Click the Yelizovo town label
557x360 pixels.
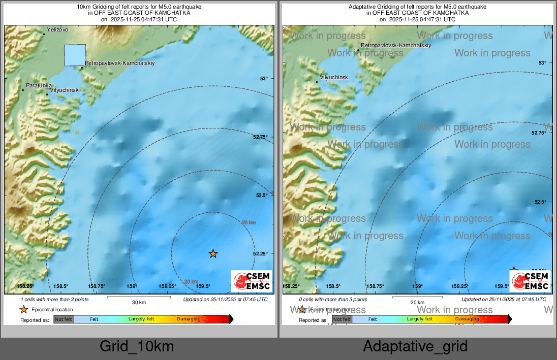pyautogui.click(x=57, y=30)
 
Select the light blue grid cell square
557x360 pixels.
pyautogui.click(x=75, y=55)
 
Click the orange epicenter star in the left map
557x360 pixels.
pyautogui.click(x=213, y=253)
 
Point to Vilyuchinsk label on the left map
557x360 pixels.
pyautogui.click(x=65, y=90)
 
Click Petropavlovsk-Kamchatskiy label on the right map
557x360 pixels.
pyautogui.click(x=396, y=46)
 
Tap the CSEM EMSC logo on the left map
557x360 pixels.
pyautogui.click(x=252, y=281)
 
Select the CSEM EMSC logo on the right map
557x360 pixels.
pyautogui.click(x=530, y=281)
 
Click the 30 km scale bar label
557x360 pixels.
pyautogui.click(x=139, y=302)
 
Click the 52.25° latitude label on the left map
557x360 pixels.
pyautogui.click(x=260, y=253)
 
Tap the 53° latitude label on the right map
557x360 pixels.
pyautogui.click(x=542, y=63)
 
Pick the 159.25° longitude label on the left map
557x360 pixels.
pyautogui.click(x=168, y=286)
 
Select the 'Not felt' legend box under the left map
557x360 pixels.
pyautogui.click(x=64, y=319)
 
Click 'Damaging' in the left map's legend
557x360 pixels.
pyautogui.click(x=189, y=319)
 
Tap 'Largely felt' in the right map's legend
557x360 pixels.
pyautogui.click(x=419, y=319)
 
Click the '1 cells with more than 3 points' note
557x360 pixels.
pyautogui.click(x=54, y=300)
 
